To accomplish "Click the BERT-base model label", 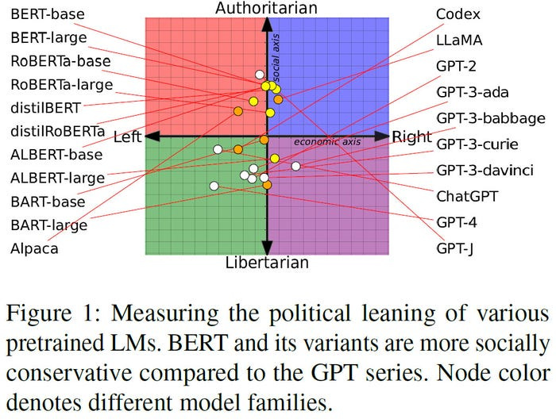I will click(x=47, y=13).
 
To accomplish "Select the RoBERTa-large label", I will click(x=61, y=83).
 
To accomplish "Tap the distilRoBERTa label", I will click(x=57, y=129).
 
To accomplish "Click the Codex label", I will click(x=458, y=13).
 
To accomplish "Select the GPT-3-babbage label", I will click(x=490, y=118).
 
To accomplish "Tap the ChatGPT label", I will click(x=465, y=195).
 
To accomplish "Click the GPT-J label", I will click(x=455, y=248).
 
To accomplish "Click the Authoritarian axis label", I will click(x=267, y=8).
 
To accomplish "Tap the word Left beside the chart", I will click(x=127, y=137).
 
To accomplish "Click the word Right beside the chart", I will click(x=411, y=136).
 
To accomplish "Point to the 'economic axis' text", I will click(x=327, y=141).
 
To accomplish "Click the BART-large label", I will click(x=49, y=225).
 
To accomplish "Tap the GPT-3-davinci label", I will click(x=485, y=170).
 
